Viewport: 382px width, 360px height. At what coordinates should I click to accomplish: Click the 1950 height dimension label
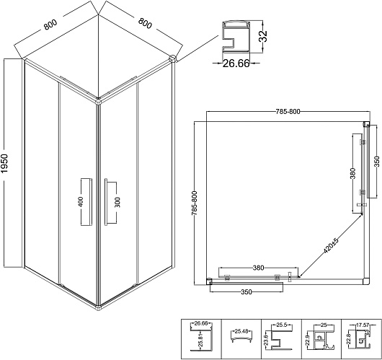click(4, 164)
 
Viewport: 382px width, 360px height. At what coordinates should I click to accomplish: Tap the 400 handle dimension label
click(81, 201)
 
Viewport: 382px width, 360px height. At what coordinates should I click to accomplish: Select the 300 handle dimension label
click(117, 202)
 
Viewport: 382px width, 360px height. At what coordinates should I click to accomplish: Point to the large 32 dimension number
click(264, 35)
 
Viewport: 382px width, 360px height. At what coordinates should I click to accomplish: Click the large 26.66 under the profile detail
click(236, 63)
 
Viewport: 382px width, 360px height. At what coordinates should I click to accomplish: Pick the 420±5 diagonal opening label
click(331, 245)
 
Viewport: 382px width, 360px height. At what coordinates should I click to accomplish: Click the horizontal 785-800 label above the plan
click(288, 112)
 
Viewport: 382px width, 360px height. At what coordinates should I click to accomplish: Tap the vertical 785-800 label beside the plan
click(195, 203)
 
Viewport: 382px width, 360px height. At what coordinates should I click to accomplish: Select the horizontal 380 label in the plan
click(258, 268)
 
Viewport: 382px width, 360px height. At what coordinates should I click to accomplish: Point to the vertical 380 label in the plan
click(352, 173)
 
